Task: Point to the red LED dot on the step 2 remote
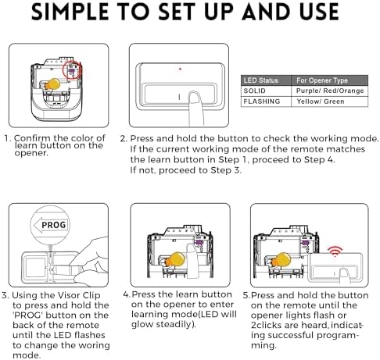181,69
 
